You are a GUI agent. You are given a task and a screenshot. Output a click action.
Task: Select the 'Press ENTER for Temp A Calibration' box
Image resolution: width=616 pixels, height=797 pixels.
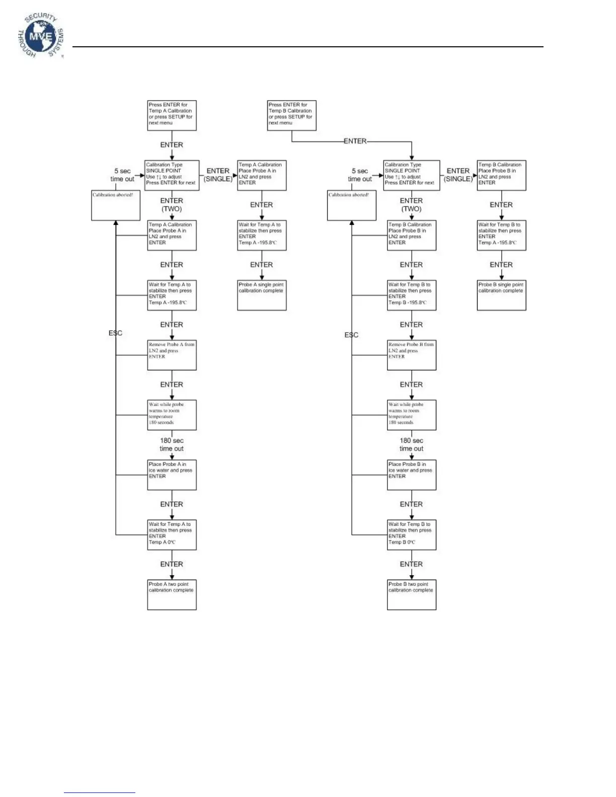tap(172, 115)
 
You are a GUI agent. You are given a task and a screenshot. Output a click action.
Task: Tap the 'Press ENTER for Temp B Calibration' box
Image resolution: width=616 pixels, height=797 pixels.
tap(292, 115)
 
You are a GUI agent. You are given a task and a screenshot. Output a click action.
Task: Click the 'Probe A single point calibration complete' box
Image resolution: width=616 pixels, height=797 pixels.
tap(262, 295)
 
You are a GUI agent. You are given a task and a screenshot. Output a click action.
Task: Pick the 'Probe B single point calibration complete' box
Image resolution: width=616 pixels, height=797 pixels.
tap(501, 295)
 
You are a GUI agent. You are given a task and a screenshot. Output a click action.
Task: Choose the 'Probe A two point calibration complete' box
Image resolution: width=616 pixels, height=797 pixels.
tap(172, 595)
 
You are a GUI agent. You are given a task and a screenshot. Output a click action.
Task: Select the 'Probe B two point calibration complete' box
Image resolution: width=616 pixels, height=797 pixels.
tap(411, 595)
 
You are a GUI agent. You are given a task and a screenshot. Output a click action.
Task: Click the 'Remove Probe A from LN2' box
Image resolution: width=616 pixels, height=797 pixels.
tap(172, 355)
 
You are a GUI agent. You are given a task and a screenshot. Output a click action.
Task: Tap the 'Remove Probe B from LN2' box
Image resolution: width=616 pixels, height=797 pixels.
tap(411, 355)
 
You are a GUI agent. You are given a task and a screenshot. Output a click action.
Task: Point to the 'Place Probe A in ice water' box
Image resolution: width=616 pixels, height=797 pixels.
tap(172, 475)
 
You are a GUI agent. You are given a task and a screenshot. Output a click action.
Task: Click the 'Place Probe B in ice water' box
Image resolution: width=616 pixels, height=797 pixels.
tap(411, 475)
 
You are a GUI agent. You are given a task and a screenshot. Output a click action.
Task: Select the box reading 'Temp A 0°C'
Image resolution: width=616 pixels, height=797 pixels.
tap(172, 535)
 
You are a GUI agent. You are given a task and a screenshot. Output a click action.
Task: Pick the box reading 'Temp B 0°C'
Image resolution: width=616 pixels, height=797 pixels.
tap(411, 535)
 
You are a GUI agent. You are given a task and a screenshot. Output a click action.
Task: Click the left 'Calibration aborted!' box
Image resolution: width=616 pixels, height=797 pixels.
tap(116, 205)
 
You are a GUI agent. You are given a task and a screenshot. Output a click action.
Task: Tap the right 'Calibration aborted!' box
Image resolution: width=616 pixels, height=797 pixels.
tap(351, 205)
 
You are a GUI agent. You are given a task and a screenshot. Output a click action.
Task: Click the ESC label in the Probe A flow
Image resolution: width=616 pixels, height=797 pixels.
tap(115, 333)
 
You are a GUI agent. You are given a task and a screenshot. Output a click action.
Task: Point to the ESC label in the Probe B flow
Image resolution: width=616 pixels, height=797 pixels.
tap(351, 335)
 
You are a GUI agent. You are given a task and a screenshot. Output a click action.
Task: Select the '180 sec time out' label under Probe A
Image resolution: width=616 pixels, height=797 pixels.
tap(172, 445)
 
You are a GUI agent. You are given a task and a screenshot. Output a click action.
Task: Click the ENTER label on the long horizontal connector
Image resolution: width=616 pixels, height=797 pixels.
tap(355, 141)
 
